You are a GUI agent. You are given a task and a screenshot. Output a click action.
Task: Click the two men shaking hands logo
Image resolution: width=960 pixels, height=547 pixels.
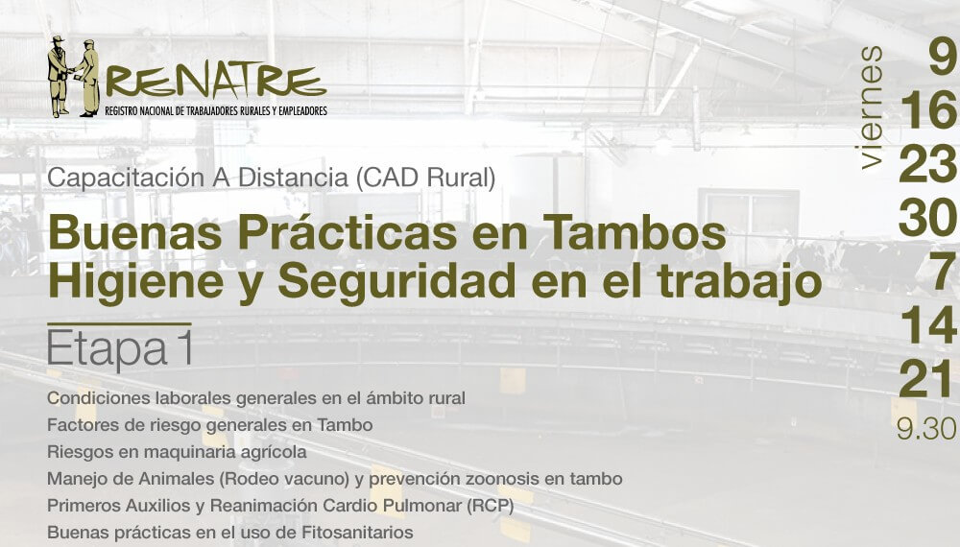click(74, 77)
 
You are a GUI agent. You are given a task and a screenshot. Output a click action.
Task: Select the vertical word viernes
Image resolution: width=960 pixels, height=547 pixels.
click(871, 107)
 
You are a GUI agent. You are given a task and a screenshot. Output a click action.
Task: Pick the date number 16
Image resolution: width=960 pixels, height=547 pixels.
click(928, 110)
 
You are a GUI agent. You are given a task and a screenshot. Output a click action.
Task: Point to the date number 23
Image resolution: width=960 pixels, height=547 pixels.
click(927, 164)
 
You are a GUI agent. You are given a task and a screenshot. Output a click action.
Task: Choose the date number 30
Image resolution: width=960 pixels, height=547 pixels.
click(927, 218)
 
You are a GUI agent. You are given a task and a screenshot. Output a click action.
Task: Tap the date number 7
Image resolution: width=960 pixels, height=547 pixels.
click(943, 272)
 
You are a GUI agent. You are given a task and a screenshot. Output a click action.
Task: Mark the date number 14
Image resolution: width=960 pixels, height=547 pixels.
click(928, 325)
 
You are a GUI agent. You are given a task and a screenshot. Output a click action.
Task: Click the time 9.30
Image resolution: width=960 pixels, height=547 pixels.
click(926, 428)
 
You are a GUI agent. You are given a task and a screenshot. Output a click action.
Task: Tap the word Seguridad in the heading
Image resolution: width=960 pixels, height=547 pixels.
click(396, 282)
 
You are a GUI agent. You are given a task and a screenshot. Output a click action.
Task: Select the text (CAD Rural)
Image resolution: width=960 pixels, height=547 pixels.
click(425, 178)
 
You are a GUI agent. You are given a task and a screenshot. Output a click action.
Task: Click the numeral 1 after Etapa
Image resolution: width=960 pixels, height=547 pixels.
click(185, 348)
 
